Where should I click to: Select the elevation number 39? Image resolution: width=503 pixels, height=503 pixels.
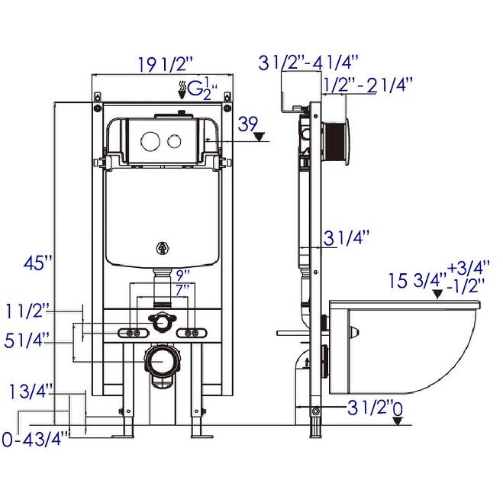coord(247,123)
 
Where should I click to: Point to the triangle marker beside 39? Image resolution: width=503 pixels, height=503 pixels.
coord(261,138)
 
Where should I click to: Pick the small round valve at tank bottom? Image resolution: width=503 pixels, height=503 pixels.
coord(161,247)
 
